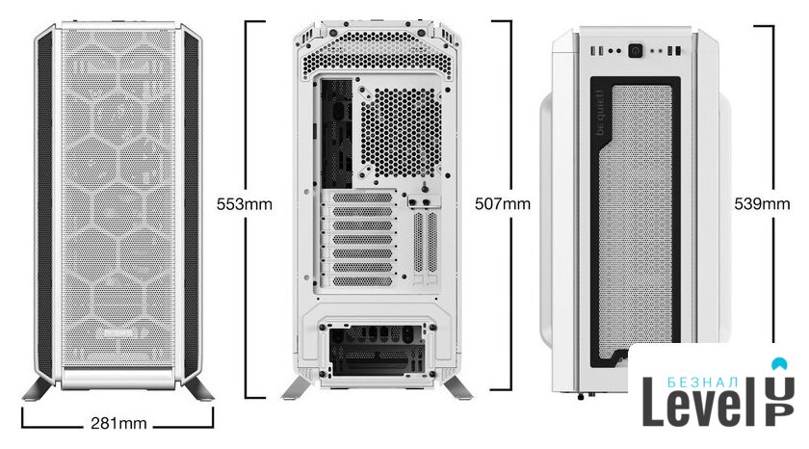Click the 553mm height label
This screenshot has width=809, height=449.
(x=244, y=204)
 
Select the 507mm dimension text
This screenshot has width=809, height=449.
(x=503, y=204)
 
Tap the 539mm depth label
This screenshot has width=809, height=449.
(x=762, y=204)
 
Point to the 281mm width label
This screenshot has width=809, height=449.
(x=118, y=424)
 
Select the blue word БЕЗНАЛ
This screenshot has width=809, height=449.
(x=703, y=383)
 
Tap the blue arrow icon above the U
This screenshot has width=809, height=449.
(x=779, y=364)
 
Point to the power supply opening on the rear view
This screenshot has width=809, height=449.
(x=377, y=351)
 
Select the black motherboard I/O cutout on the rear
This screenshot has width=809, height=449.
(x=336, y=134)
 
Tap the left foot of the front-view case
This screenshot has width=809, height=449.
(x=38, y=389)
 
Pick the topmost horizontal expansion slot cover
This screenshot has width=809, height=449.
(x=362, y=198)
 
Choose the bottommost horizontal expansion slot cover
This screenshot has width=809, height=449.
(x=362, y=281)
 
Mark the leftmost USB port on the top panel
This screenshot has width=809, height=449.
(x=594, y=51)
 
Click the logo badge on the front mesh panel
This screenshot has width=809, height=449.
(x=118, y=332)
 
